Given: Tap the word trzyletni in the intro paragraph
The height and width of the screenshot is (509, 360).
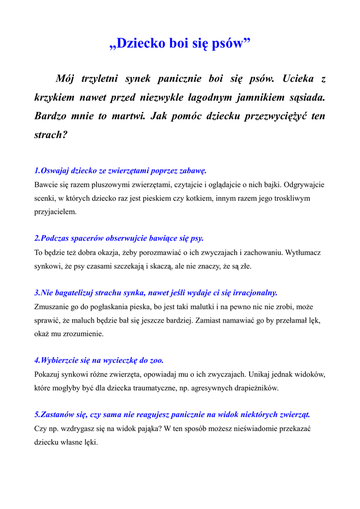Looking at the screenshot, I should tap(98, 79).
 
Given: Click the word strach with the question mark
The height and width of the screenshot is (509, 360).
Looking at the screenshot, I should tap(50, 135).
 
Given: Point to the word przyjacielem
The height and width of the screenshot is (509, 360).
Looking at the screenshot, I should tap(55, 211).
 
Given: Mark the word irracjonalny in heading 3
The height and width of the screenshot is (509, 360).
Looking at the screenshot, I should tap(252, 293).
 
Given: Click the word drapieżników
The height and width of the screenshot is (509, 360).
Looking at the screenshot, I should tap(256, 388).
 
